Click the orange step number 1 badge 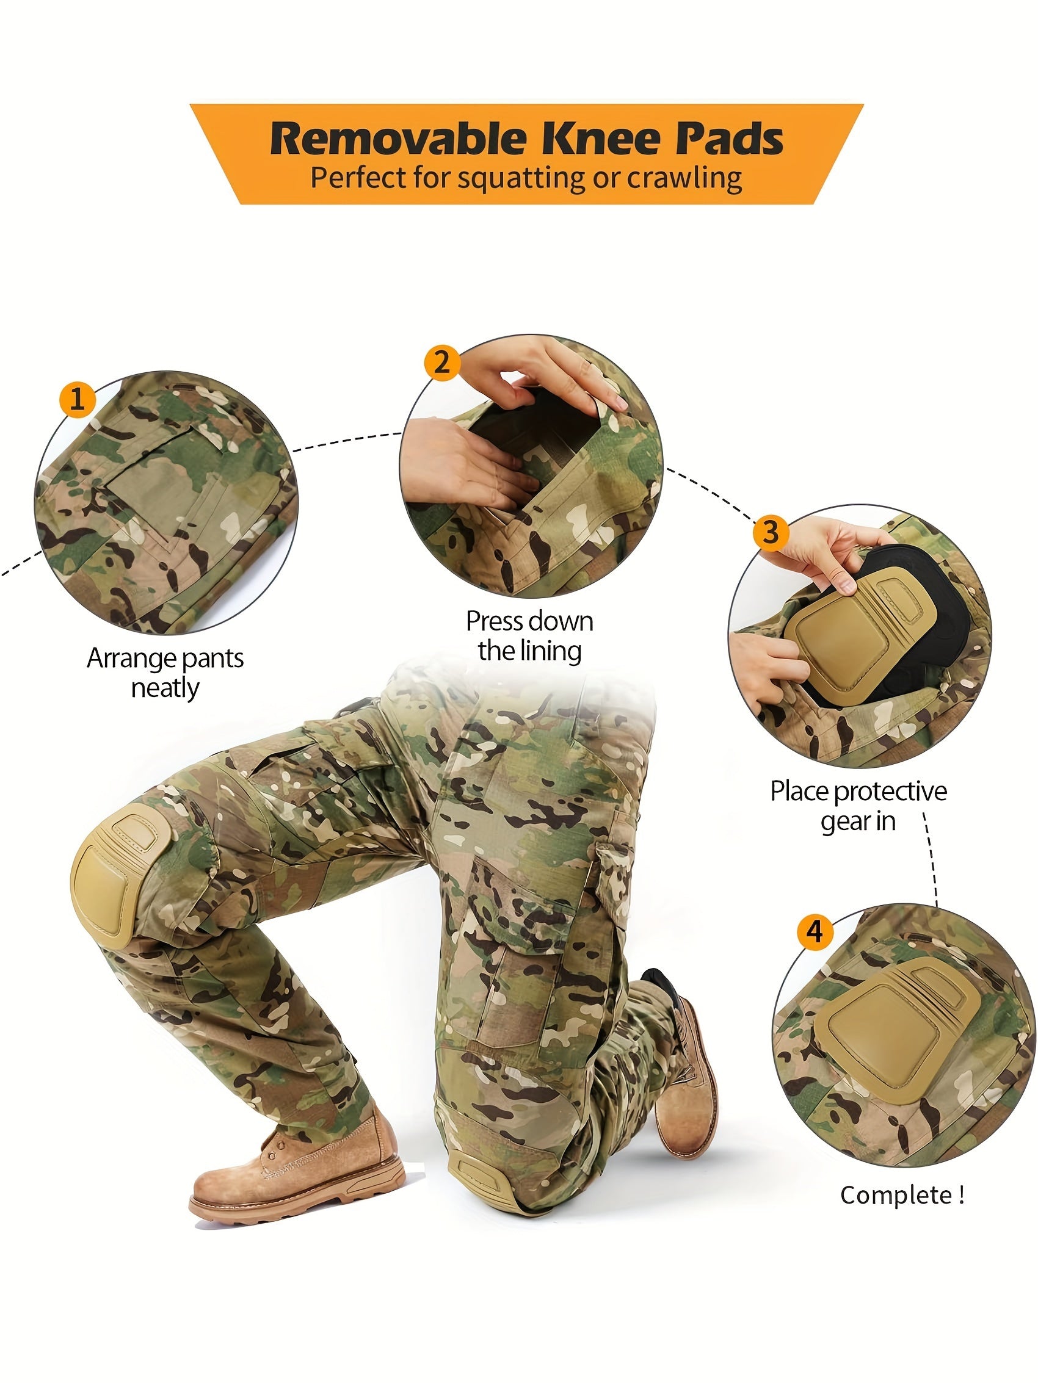pos(77,399)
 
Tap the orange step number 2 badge pos(441,362)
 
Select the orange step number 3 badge pos(771,532)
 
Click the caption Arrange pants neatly pos(165,673)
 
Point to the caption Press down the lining pos(529,635)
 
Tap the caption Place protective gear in pos(858,805)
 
